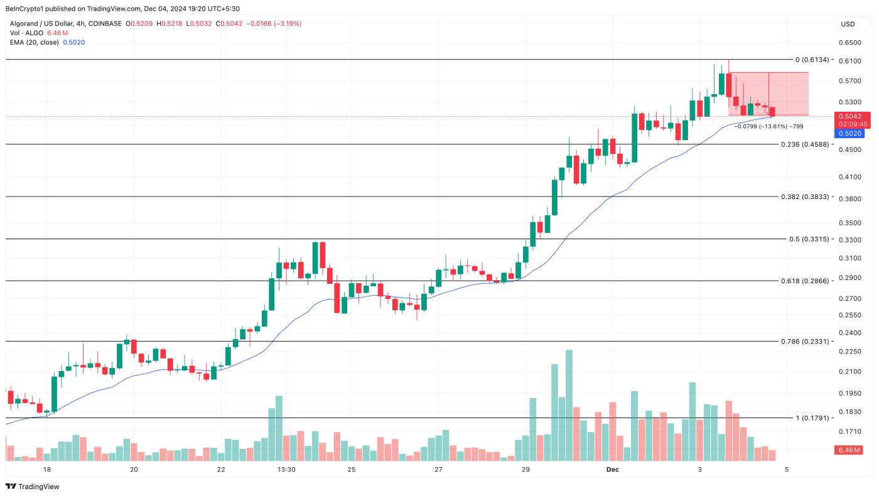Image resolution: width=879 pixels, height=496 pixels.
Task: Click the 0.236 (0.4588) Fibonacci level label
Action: pos(806,144)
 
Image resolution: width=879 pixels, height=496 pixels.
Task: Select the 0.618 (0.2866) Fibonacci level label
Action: pos(806,281)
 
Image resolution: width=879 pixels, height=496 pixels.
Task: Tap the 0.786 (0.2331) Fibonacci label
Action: pos(806,342)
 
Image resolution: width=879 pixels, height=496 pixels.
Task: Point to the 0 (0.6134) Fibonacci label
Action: pos(812,60)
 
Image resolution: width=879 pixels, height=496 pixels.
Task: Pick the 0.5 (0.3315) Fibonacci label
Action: pos(809,239)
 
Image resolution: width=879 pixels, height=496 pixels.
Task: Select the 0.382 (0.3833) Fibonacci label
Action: pos(806,197)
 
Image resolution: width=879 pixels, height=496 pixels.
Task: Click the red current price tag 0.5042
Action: pos(852,116)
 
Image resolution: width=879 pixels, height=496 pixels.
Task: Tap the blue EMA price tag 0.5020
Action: pos(852,133)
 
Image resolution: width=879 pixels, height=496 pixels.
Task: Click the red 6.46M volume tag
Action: pos(851,450)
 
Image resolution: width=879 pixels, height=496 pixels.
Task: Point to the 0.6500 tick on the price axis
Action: pos(849,43)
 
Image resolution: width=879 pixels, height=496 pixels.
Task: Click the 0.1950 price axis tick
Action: pos(849,393)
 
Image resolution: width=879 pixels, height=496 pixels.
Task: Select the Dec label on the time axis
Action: pos(613,470)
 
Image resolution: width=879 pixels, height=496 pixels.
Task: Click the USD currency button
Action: pos(848,24)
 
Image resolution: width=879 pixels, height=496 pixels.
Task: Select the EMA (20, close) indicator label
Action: pos(35,42)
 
